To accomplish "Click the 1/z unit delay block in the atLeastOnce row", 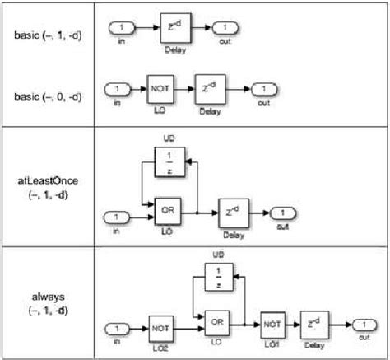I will click(169, 162).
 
